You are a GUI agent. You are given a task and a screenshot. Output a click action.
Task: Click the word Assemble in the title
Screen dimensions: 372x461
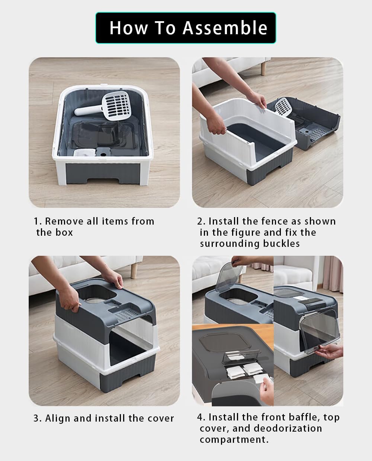[225, 28]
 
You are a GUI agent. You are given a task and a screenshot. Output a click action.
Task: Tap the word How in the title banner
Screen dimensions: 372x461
[129, 28]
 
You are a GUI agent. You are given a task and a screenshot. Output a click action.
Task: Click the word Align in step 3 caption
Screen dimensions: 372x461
[58, 418]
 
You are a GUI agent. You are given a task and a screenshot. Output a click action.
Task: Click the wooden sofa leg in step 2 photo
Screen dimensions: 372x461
[263, 68]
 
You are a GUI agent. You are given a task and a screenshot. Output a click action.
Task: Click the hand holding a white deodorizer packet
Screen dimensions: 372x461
[266, 390]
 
